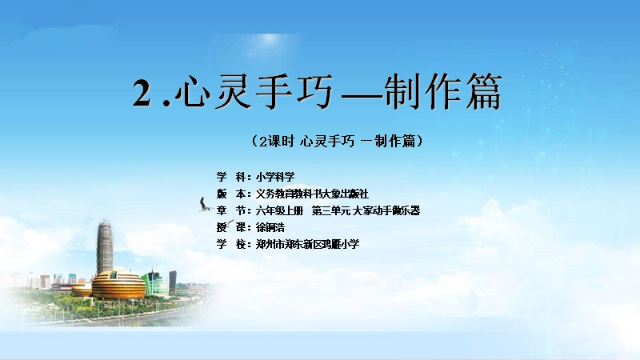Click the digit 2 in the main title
(142, 93)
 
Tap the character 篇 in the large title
(484, 91)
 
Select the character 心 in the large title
(192, 92)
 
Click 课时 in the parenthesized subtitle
(281, 142)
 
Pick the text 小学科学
(275, 177)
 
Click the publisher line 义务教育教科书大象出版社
(312, 194)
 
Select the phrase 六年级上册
(279, 210)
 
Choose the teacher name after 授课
(270, 227)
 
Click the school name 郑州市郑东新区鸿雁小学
(308, 244)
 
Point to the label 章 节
(231, 210)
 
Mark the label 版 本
(231, 194)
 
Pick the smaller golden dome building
(82, 290)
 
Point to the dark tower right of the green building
(173, 281)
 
